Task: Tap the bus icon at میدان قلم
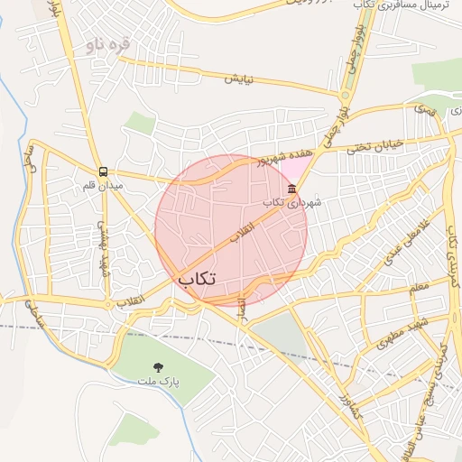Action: [x=103, y=171]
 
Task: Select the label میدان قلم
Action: [x=101, y=185]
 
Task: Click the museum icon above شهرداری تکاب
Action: [x=291, y=189]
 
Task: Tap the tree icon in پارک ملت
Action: [x=159, y=366]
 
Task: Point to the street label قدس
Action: [x=423, y=109]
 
